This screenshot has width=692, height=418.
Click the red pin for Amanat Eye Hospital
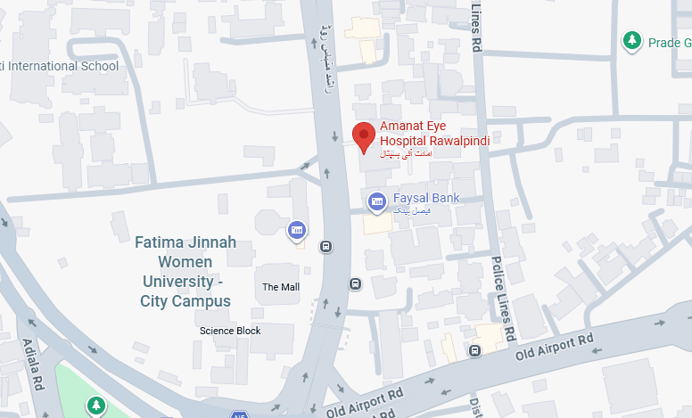(x=363, y=137)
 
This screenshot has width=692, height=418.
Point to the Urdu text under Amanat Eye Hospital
(x=406, y=153)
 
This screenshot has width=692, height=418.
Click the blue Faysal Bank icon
(x=377, y=201)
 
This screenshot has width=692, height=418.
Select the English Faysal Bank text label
(x=425, y=198)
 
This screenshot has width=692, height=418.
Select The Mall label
(x=281, y=287)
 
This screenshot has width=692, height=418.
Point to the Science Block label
(x=230, y=331)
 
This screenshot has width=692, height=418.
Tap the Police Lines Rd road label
(x=503, y=299)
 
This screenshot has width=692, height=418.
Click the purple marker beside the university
(x=297, y=233)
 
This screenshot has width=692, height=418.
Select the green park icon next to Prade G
(x=632, y=41)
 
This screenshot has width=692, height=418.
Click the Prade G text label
(x=670, y=42)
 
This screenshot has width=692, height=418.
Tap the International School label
(x=62, y=66)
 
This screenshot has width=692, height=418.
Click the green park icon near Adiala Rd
(x=95, y=406)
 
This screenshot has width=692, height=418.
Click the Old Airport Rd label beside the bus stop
(x=556, y=347)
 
